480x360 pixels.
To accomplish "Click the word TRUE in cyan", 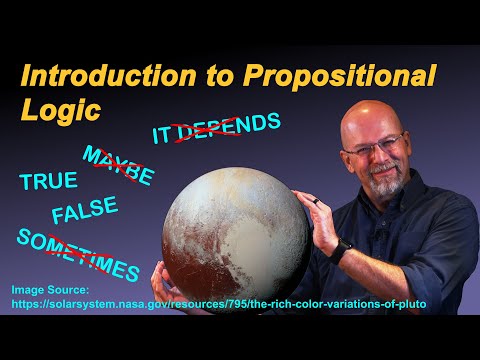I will point(48,181).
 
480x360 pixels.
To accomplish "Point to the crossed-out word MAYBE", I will point(119,166).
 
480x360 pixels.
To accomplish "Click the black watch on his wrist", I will point(342,250).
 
